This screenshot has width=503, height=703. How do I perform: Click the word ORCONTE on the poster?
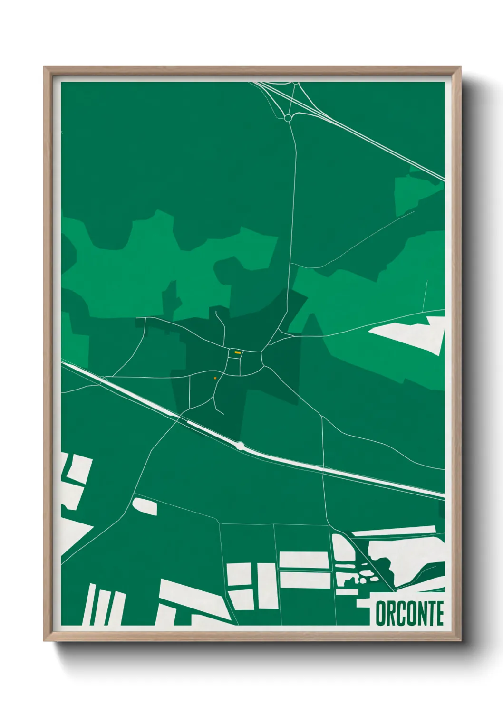coord(410,613)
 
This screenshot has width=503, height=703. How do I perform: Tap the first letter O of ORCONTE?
coord(380,613)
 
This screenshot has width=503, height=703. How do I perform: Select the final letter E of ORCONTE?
coord(439,613)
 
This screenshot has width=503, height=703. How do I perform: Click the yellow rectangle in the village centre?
coord(237,352)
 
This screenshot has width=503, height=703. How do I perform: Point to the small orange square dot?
coord(215,378)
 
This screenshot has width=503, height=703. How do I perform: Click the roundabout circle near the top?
coord(288,118)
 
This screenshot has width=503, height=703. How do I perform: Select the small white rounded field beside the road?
coord(145,506)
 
